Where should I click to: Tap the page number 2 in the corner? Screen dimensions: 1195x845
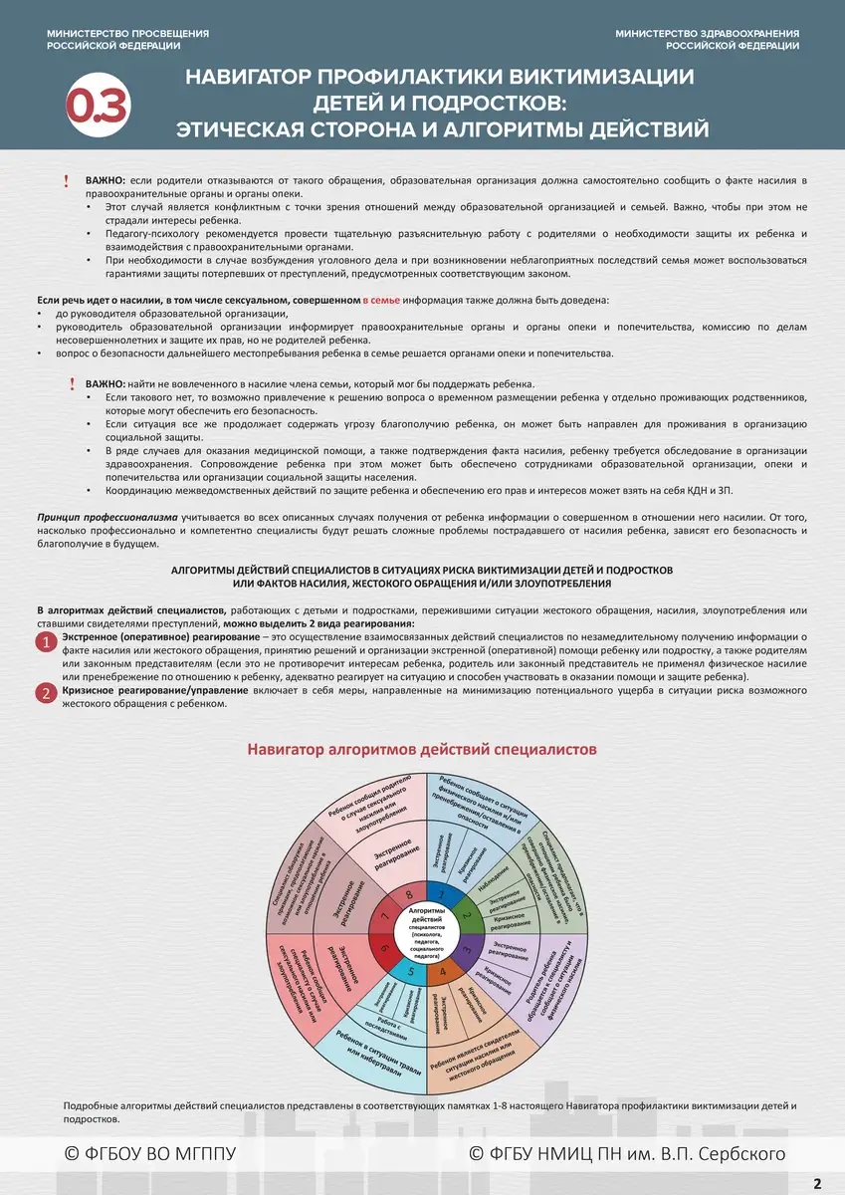coord(817,1183)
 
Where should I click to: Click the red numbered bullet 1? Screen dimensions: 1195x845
coord(46,642)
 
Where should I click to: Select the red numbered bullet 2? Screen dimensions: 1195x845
coord(46,694)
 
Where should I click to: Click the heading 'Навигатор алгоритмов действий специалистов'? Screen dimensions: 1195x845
coord(422,749)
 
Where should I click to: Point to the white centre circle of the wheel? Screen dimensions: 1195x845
coord(427,932)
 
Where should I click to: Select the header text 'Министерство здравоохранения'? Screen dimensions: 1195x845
coord(707,34)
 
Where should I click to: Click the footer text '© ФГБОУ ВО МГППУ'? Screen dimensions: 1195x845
coord(149,1153)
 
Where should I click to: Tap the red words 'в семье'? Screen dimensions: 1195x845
coord(380,300)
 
